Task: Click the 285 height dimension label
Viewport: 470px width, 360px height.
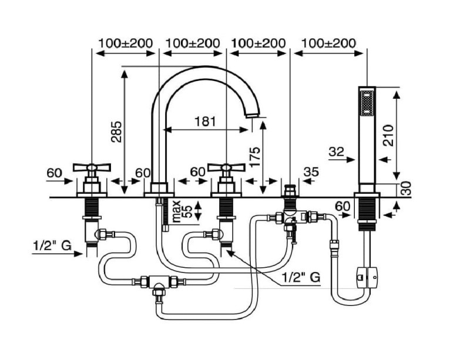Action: (116, 132)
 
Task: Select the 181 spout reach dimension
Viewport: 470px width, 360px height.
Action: (205, 122)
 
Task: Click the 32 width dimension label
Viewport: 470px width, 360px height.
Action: (336, 152)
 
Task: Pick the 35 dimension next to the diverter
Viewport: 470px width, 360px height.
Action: (311, 172)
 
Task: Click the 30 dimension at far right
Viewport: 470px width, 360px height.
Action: (406, 189)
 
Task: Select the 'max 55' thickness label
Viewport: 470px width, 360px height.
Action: (182, 211)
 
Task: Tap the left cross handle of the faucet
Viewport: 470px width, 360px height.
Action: (92, 167)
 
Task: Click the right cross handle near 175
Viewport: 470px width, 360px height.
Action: (227, 167)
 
